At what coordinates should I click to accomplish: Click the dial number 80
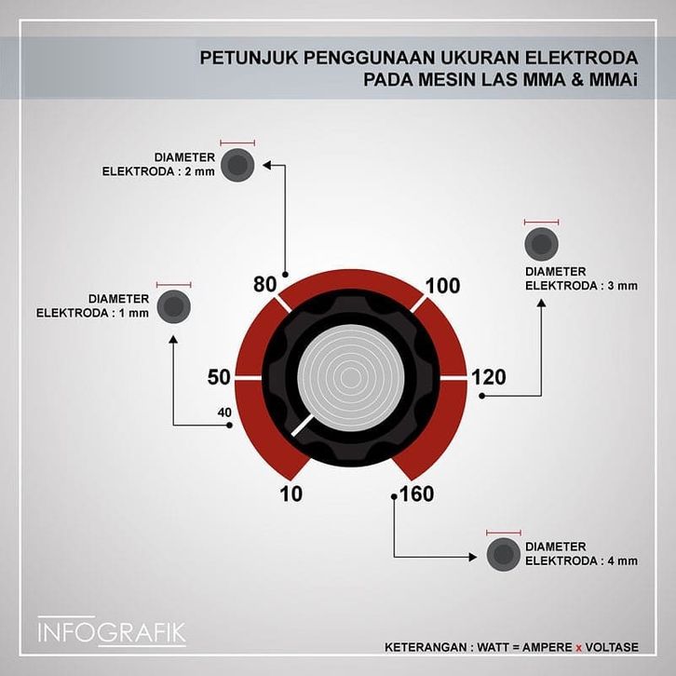click(264, 285)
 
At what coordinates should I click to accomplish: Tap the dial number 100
click(442, 285)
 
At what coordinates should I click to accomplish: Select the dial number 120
click(489, 377)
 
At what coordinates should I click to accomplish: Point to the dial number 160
click(415, 493)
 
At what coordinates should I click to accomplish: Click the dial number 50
click(219, 377)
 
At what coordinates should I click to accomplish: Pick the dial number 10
click(291, 493)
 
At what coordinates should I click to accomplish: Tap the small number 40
click(223, 412)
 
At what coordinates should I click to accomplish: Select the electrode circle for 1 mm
click(173, 306)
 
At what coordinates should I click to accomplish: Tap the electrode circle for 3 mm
click(541, 245)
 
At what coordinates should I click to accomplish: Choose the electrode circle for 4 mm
click(503, 554)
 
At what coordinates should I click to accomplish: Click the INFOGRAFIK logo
click(112, 632)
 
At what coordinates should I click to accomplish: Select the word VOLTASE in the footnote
click(621, 647)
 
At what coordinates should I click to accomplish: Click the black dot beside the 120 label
click(482, 396)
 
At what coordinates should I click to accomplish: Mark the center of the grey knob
click(349, 377)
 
